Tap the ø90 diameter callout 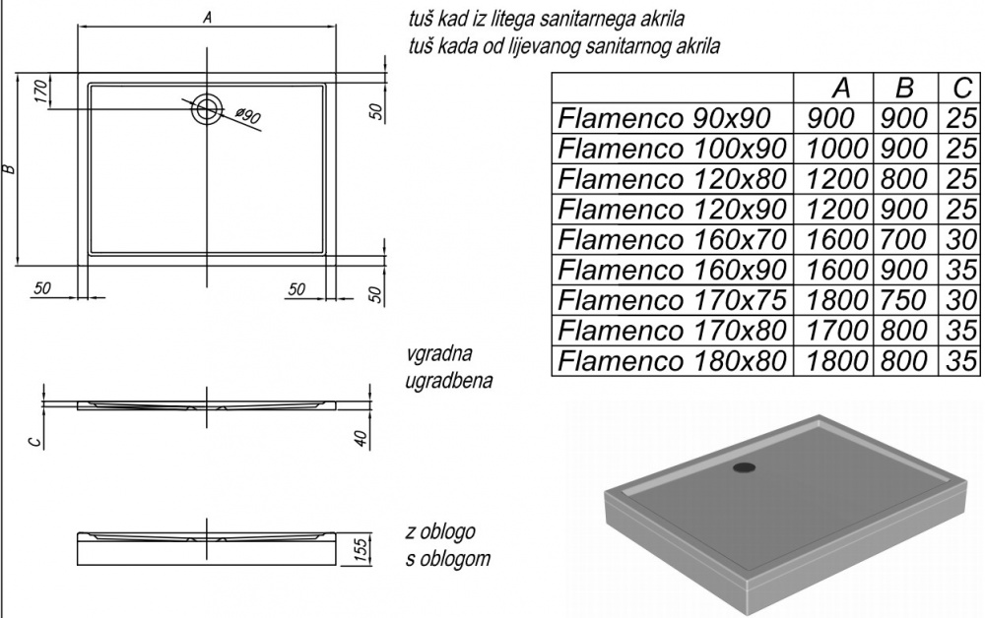[x=247, y=117]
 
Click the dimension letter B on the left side [x=9, y=168]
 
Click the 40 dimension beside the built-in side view [x=361, y=438]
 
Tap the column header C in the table [x=959, y=88]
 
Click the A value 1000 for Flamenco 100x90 [x=835, y=150]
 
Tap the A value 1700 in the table [x=835, y=330]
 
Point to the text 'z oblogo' [x=440, y=533]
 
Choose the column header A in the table [x=839, y=88]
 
